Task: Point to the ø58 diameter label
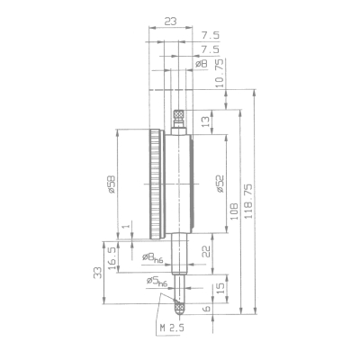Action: pyautogui.click(x=111, y=184)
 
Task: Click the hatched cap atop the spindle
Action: pyautogui.click(x=178, y=115)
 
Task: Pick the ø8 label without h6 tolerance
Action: pyautogui.click(x=201, y=64)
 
